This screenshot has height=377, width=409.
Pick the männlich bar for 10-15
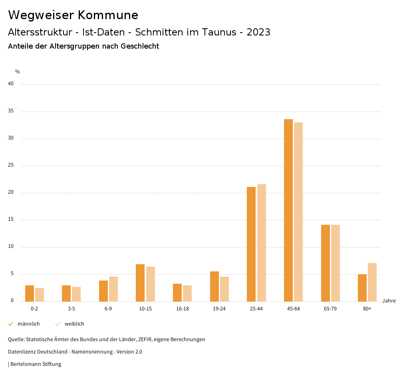click(x=140, y=283)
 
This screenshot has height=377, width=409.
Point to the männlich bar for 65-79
click(x=326, y=263)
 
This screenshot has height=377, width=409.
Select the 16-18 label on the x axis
click(x=183, y=309)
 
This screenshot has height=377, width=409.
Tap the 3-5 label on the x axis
click(x=71, y=309)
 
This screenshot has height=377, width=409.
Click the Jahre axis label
click(x=389, y=301)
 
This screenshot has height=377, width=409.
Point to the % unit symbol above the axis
click(x=18, y=72)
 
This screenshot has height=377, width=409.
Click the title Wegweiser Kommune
click(x=73, y=15)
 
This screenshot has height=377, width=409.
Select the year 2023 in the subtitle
click(x=258, y=32)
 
